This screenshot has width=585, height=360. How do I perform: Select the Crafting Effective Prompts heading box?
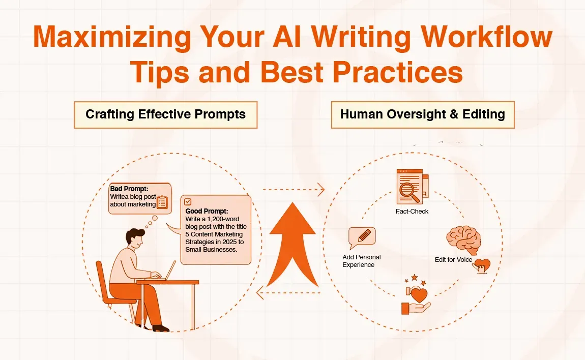165,114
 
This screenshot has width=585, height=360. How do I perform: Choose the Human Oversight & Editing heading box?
422,114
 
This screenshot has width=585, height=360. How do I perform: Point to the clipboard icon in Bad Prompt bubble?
162,202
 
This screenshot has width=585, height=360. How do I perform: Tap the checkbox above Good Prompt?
188,201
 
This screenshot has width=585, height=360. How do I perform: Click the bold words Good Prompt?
207,211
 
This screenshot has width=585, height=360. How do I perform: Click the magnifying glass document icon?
411,188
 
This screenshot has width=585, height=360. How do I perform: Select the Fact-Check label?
412,211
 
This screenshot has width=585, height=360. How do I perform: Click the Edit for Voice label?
453,260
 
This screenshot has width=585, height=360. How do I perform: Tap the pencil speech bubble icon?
362,237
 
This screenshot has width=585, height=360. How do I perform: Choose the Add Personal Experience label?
361,261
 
